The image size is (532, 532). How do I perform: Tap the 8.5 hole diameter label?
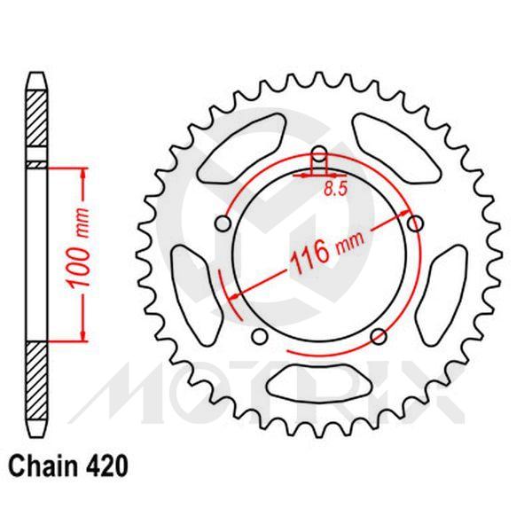click(x=334, y=188)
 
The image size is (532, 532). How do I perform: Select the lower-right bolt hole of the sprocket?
click(x=378, y=335)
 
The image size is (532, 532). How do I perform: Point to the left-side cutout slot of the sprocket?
click(x=191, y=285)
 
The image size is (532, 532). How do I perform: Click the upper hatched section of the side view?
click(x=34, y=121)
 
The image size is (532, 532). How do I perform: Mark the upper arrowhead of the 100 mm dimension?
click(x=83, y=172)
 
